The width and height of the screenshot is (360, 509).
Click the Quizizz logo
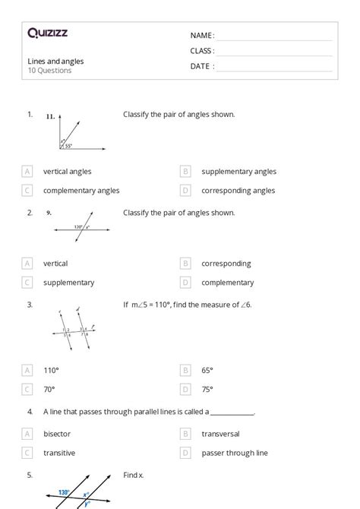(x=47, y=33)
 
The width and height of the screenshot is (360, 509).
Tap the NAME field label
(x=202, y=36)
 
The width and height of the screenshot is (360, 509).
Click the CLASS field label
(x=202, y=51)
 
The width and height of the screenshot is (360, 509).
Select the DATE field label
(x=202, y=66)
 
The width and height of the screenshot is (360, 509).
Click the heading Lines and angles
(x=55, y=61)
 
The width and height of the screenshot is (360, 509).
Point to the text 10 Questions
(x=49, y=71)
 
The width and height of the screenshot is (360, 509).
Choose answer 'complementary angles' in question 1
(x=81, y=191)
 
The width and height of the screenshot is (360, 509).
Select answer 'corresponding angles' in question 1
(x=238, y=191)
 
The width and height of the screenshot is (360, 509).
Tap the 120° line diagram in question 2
(x=81, y=226)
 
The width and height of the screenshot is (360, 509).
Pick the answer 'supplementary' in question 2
(x=68, y=283)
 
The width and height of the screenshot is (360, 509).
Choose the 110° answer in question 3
(x=51, y=371)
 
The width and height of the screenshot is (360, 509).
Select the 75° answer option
(x=207, y=390)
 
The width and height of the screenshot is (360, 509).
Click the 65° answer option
(x=207, y=371)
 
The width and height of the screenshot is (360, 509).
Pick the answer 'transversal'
(x=220, y=435)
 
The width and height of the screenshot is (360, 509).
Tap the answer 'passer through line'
(x=234, y=454)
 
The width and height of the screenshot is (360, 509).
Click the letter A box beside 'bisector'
(x=28, y=435)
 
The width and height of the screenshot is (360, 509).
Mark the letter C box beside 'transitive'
(x=28, y=454)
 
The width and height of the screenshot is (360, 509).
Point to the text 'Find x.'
(x=133, y=475)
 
